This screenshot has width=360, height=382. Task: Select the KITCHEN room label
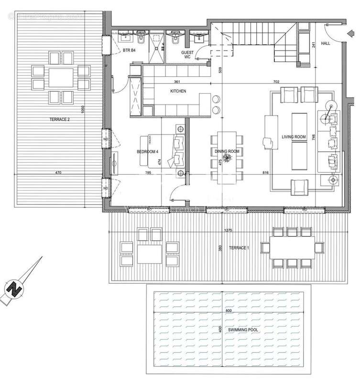coord(178,91)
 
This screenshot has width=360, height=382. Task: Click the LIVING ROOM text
coord(293,138)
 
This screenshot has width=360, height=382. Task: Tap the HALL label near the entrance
coord(326,43)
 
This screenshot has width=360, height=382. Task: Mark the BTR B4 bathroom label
coord(130,50)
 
